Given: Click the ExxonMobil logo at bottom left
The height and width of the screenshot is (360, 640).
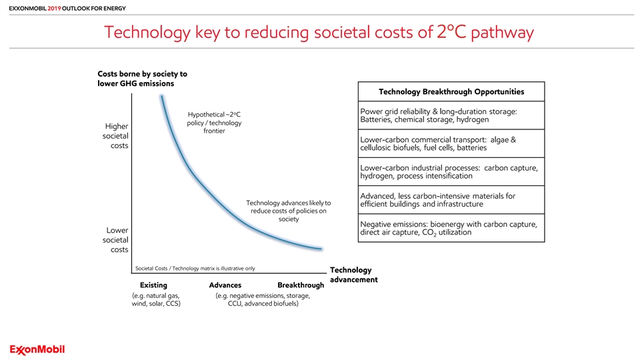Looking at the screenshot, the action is (x=37, y=350).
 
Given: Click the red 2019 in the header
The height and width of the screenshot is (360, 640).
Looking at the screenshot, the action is (x=54, y=8).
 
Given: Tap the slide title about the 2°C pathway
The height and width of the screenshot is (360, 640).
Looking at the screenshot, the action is (x=319, y=32).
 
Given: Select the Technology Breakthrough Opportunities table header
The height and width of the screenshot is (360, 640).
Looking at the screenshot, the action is (x=451, y=91).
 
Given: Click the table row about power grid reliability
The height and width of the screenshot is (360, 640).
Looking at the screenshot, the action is (x=451, y=115).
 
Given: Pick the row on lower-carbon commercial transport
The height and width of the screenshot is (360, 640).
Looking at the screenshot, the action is (x=451, y=144).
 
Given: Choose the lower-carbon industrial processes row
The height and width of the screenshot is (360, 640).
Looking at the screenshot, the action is (x=451, y=172).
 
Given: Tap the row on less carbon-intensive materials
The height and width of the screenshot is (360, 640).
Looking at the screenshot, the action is (x=451, y=200).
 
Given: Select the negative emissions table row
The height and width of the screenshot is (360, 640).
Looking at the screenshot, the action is (x=451, y=228).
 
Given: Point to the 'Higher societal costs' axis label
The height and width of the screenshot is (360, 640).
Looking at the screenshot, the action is (x=115, y=136).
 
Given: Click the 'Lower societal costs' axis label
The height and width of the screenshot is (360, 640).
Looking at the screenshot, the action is (x=115, y=240).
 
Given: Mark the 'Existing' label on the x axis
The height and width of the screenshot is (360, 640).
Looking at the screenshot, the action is (x=153, y=285).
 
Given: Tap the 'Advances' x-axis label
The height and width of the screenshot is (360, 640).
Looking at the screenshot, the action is (x=225, y=285).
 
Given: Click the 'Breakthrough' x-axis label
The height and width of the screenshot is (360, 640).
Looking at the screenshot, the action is (x=301, y=285).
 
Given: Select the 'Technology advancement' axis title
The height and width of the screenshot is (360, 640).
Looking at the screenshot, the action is (x=354, y=275).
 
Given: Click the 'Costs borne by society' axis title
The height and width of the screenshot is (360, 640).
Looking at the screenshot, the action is (x=143, y=79).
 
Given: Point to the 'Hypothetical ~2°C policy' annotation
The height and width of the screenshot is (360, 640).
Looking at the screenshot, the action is (x=214, y=123).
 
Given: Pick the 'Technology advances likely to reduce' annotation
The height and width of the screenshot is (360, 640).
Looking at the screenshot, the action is (x=289, y=211).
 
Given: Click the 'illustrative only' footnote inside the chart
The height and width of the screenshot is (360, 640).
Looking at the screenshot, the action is (x=195, y=269).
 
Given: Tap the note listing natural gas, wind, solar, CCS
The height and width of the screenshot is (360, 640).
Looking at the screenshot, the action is (x=156, y=299).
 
